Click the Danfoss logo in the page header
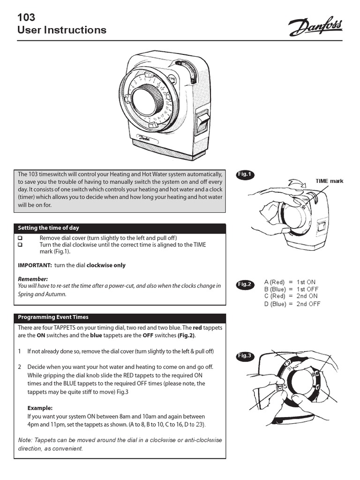coord(315,27)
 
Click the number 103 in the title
coord(26,18)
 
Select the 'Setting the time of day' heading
coord(49,228)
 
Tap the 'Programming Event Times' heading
coord(53,317)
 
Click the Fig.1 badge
coord(244,174)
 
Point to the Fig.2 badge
coord(244,284)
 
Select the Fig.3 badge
coord(244,356)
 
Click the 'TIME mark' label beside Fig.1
coord(329,181)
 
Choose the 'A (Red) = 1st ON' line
coord(290,282)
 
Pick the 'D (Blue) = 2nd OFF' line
coord(292,304)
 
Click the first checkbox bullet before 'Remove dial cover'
coord(20,238)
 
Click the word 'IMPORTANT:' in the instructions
coord(35,265)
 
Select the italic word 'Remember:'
coord(33,278)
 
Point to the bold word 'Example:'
coord(40,408)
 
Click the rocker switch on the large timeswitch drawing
coord(202,121)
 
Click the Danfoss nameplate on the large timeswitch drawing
coord(144,139)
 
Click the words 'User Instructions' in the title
coord(62,30)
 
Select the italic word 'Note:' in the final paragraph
coord(26,440)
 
